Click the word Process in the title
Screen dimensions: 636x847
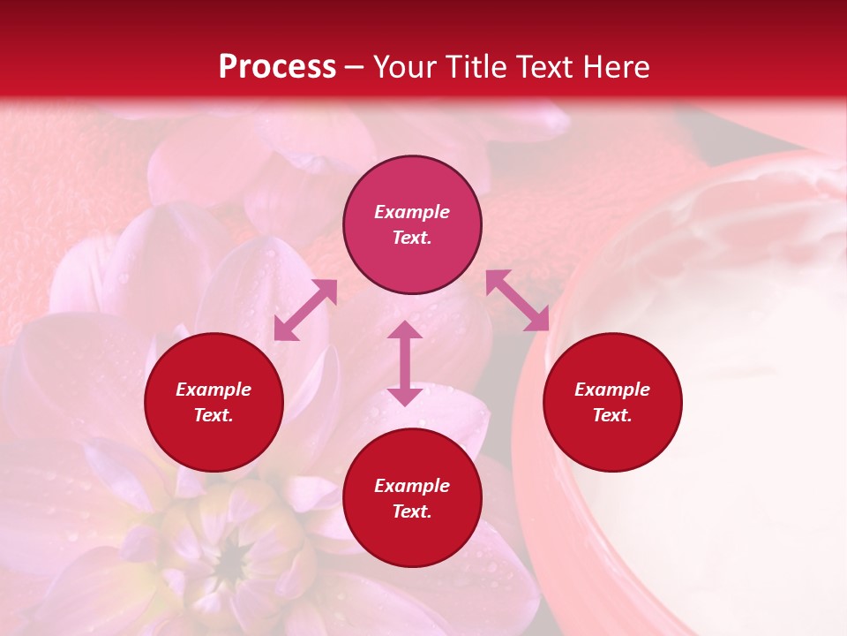[x=277, y=67]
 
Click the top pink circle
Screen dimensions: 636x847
[x=412, y=225]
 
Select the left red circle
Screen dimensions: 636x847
[x=214, y=403]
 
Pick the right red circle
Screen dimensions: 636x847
[x=612, y=403]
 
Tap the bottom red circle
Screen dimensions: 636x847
[x=412, y=498]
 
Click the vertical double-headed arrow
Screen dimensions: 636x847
[x=405, y=363]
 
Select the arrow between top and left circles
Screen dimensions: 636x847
[x=305, y=310]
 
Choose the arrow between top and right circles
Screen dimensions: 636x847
[x=517, y=300]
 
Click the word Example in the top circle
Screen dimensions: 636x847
[x=412, y=212]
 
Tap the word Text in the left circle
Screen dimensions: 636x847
[x=214, y=415]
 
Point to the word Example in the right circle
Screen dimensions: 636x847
[x=612, y=390]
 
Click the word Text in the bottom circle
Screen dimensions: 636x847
[x=412, y=511]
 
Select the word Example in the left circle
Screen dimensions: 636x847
[x=214, y=390]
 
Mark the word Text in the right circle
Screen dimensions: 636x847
[x=612, y=415]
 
